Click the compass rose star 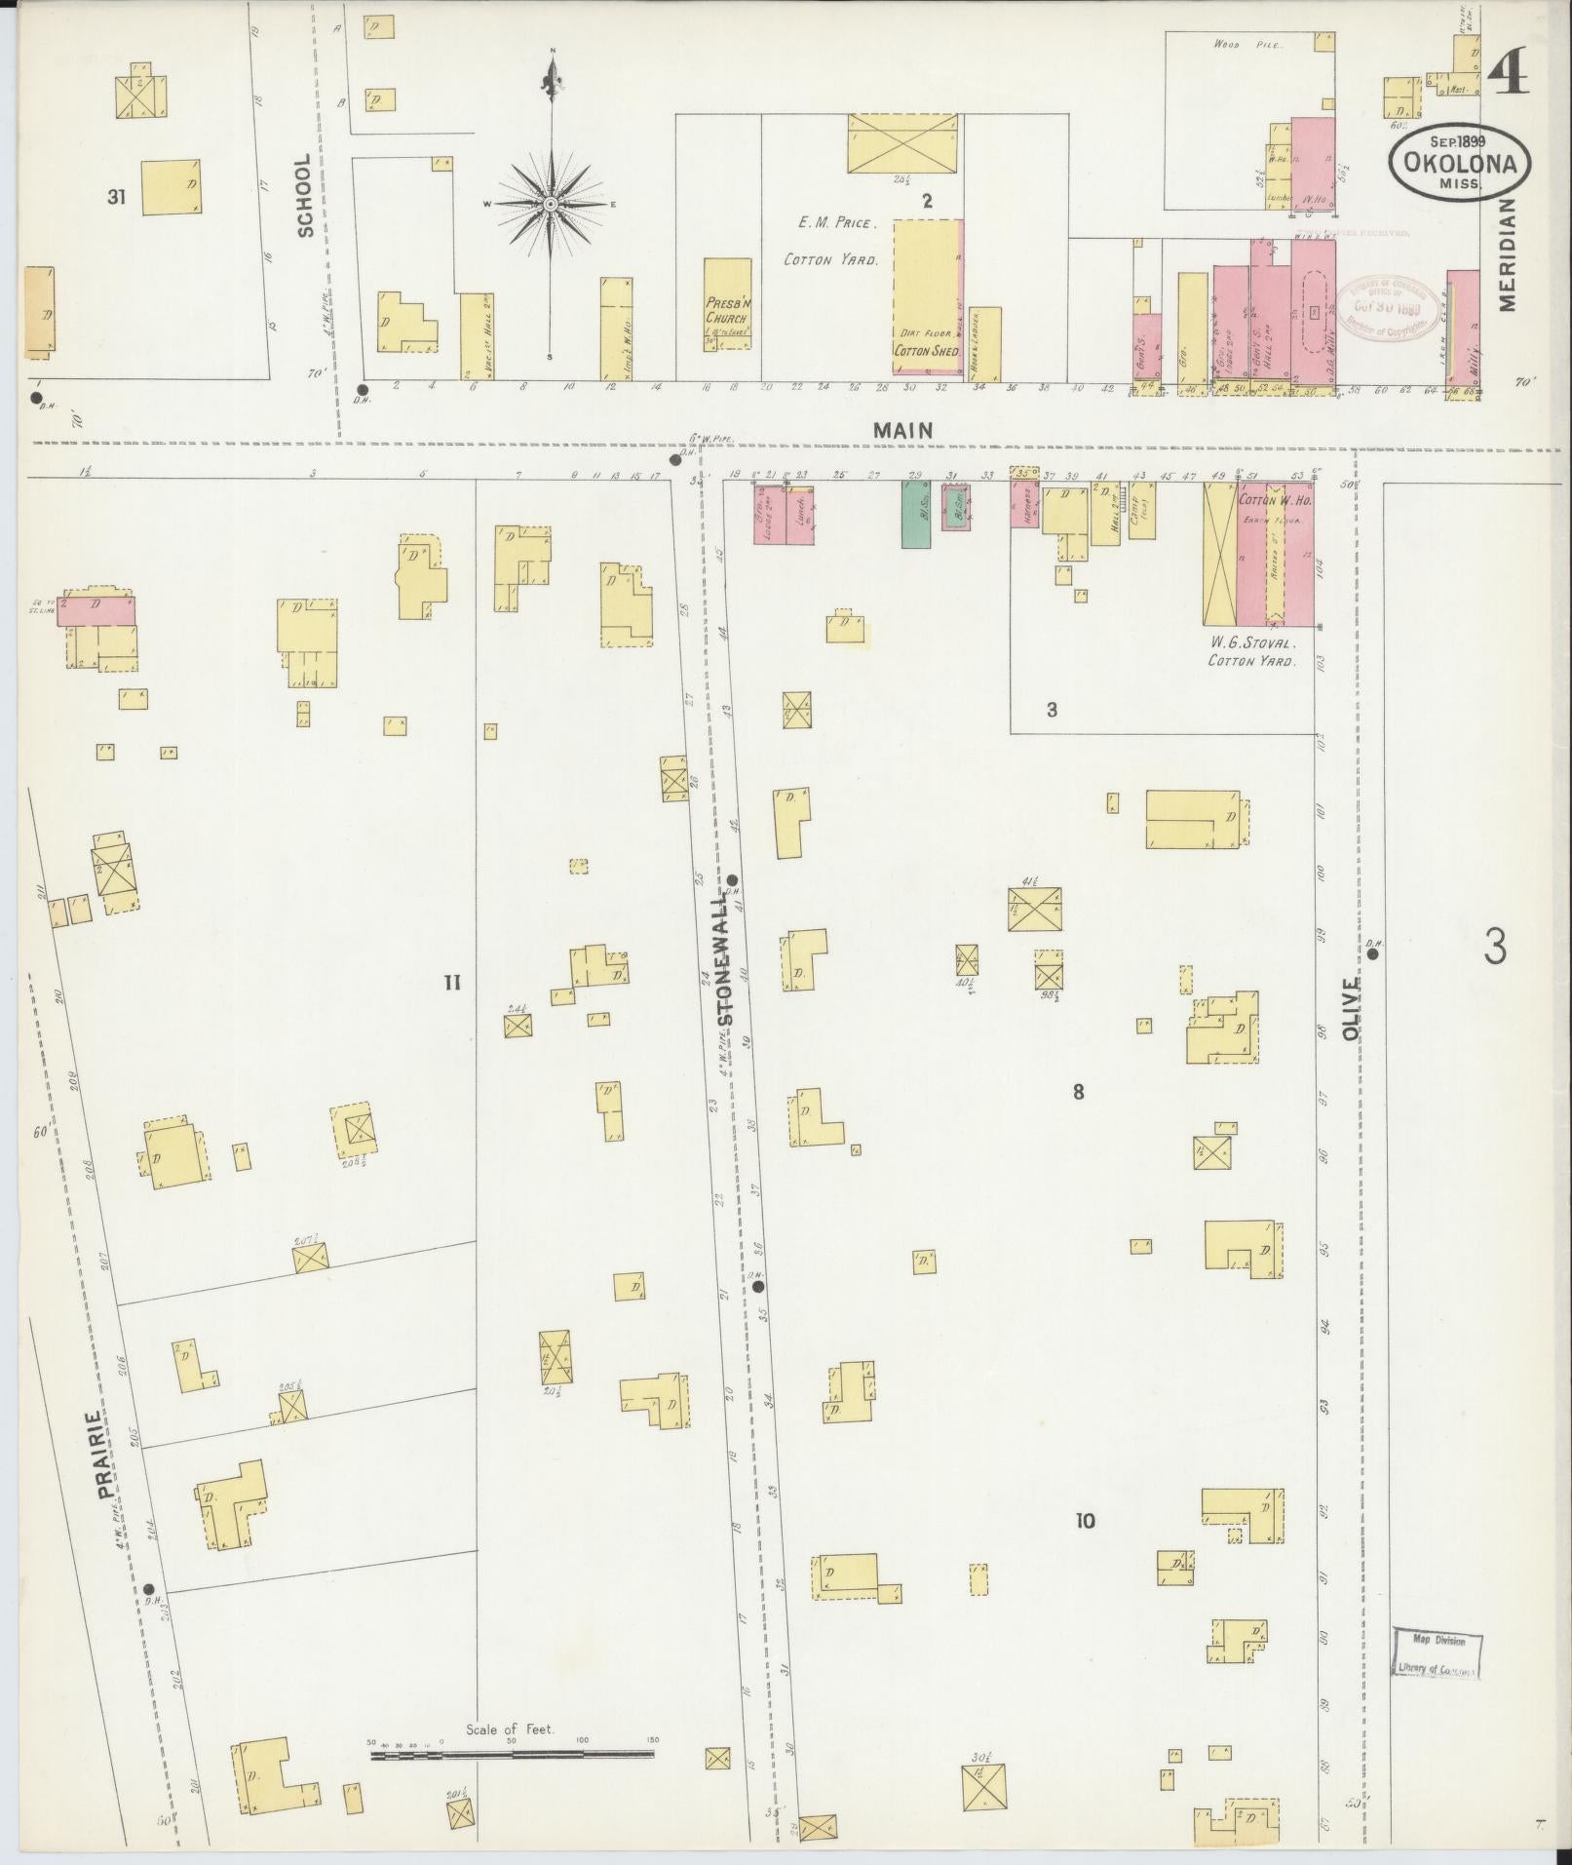click(x=551, y=204)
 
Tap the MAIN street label click(x=902, y=429)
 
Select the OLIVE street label click(x=1350, y=1010)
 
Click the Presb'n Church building click(x=727, y=304)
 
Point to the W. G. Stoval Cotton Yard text click(x=1251, y=651)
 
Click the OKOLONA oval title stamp click(x=1460, y=164)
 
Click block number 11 click(x=451, y=982)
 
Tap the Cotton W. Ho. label click(x=1276, y=500)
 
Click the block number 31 click(x=117, y=198)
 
